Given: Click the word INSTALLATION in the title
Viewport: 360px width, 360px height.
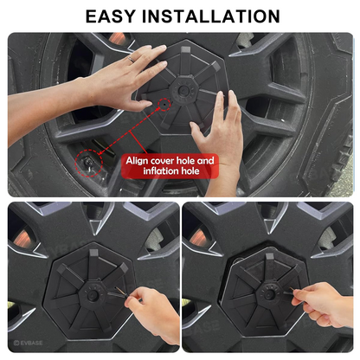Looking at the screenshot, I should pos(214,16).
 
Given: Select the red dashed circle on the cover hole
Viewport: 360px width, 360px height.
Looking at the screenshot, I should pos(164,105).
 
